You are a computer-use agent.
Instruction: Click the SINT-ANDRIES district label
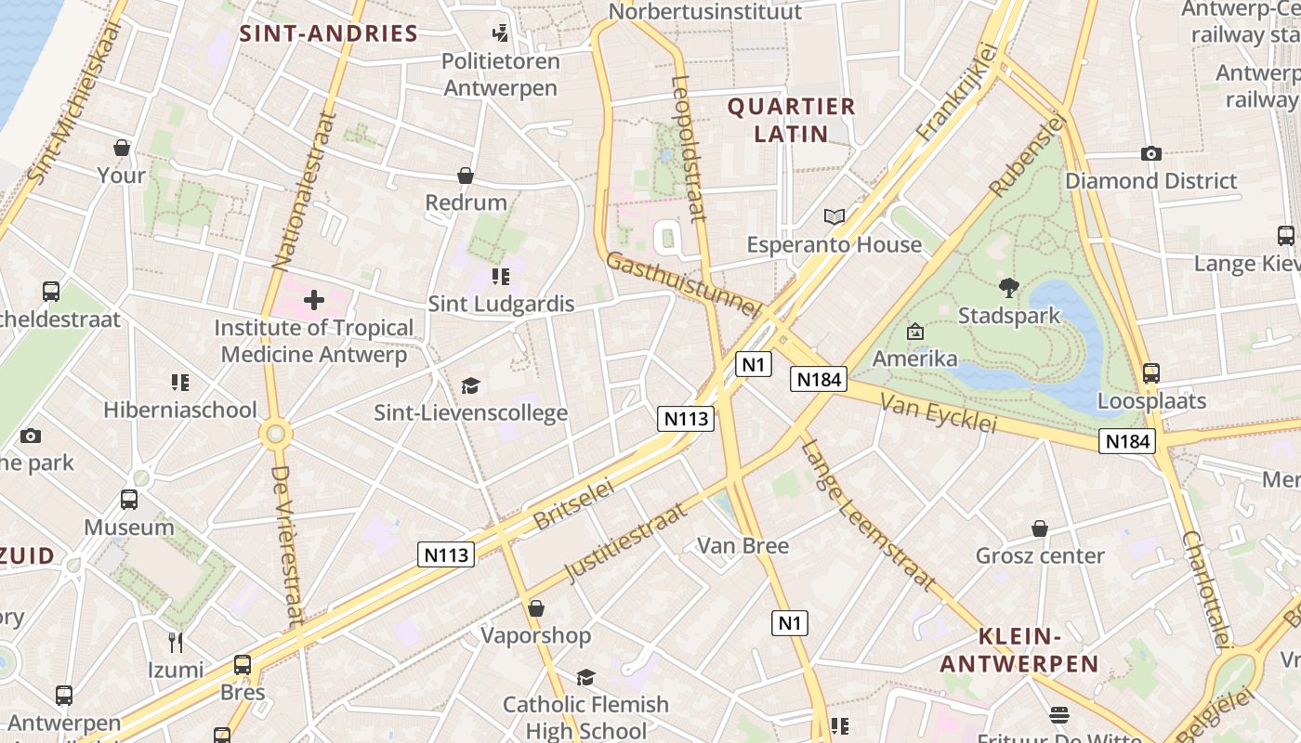[x=329, y=34]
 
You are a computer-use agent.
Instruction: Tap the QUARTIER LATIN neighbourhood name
[x=791, y=120]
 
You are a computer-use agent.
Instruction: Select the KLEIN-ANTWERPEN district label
[x=1019, y=650]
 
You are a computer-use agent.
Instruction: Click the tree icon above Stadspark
[x=1008, y=288]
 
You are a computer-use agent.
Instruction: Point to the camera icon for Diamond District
[x=1151, y=153]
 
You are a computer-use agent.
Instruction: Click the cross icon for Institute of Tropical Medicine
[x=314, y=300]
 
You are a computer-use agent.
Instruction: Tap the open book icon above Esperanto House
[x=834, y=217]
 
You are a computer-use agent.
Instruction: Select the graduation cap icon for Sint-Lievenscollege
[x=470, y=385]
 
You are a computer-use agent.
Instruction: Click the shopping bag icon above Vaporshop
[x=535, y=608]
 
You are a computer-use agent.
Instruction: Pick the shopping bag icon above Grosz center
[x=1040, y=528]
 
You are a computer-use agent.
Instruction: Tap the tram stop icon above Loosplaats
[x=1151, y=373]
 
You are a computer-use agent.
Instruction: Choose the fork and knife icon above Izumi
[x=175, y=642]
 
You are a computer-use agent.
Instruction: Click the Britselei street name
[x=573, y=504]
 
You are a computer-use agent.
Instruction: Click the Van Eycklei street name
[x=937, y=413]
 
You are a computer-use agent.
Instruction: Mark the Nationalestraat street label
[x=302, y=190]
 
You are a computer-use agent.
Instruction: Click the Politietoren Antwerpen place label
[x=501, y=74]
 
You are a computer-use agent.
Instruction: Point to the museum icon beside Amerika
[x=914, y=332]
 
